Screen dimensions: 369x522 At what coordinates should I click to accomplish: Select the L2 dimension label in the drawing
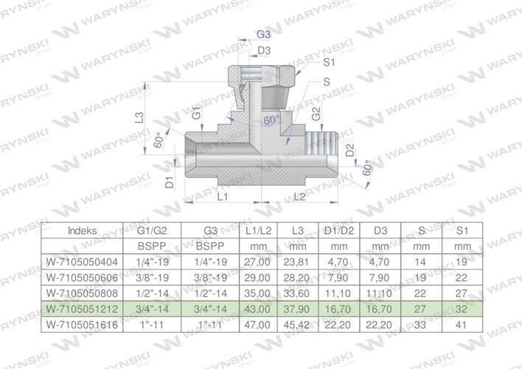tap(301, 197)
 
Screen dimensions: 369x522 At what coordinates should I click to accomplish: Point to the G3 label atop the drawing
tap(263, 35)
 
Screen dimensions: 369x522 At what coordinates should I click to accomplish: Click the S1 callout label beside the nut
tap(330, 64)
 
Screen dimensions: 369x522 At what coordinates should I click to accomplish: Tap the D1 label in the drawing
tap(170, 182)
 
